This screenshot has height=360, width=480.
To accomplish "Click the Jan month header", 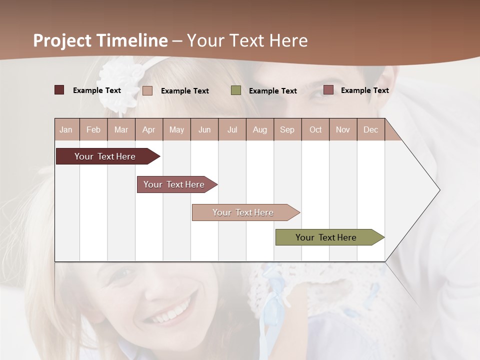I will (x=66, y=129).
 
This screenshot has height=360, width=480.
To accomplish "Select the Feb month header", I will (x=93, y=129).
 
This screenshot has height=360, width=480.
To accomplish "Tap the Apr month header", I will (x=149, y=129).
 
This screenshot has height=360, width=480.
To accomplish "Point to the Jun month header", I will (x=204, y=129).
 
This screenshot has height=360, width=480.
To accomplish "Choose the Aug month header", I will (x=260, y=129).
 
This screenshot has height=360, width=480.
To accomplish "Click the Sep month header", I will (x=287, y=129).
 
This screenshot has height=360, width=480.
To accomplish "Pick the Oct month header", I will (x=315, y=129).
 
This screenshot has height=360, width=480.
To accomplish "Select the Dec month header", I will (x=371, y=129).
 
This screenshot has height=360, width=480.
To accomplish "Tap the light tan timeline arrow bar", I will (x=244, y=212).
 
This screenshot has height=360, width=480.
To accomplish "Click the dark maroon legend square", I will (x=59, y=90).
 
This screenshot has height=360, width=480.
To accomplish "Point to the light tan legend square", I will (x=147, y=90).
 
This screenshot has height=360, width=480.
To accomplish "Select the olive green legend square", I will (x=236, y=90).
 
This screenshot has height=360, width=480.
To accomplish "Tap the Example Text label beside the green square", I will (x=273, y=91).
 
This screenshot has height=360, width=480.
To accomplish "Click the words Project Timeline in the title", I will (x=100, y=40).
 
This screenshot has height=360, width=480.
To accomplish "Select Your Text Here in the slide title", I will (x=247, y=40).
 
